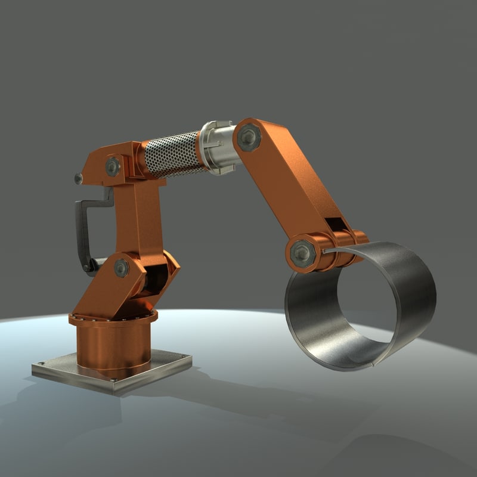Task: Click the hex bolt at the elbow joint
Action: point(249,138)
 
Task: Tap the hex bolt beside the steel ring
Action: point(302,253)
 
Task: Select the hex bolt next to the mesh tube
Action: point(113,166)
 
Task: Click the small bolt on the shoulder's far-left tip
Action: point(78,178)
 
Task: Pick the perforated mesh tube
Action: point(172,154)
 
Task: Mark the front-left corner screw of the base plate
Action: point(41,364)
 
